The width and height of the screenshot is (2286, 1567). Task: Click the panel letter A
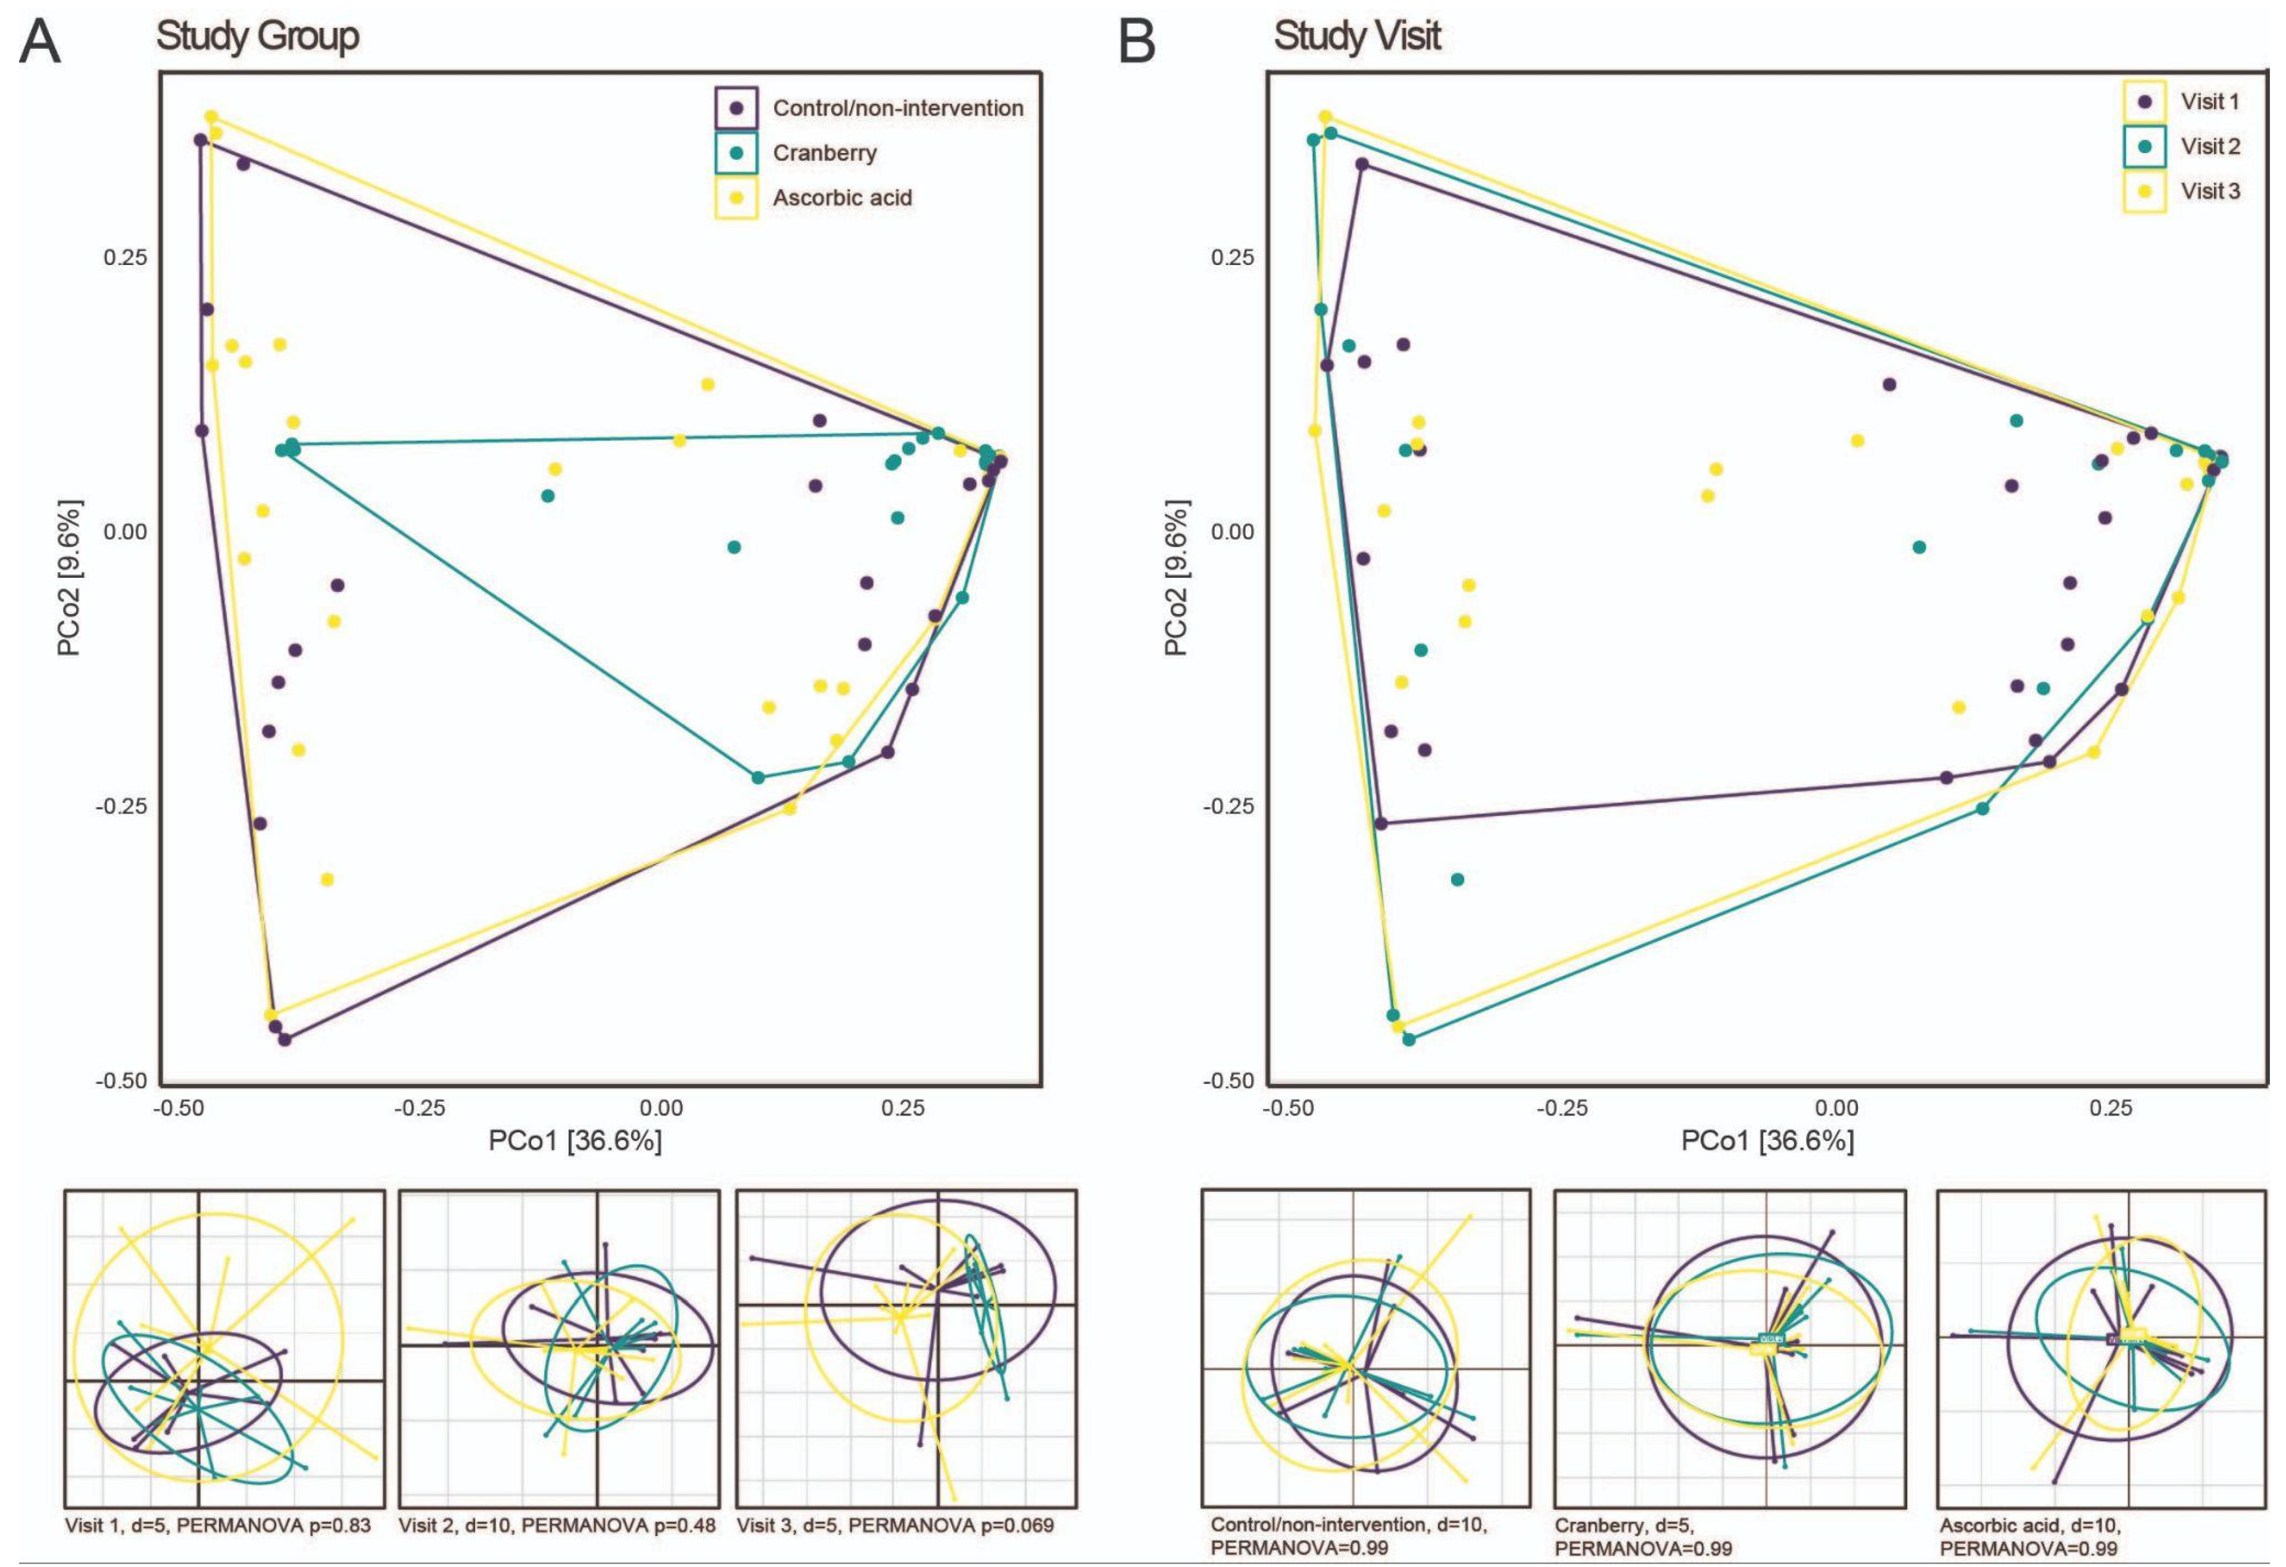[x=40, y=44]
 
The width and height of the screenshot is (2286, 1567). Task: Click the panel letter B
[x=1138, y=44]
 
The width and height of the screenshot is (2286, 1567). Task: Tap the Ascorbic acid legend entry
[x=842, y=198]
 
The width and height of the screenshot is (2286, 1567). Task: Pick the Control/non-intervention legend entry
[x=897, y=108]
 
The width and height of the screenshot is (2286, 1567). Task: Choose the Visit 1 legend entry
[x=2209, y=101]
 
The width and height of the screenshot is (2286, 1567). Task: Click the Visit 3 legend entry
[x=2209, y=191]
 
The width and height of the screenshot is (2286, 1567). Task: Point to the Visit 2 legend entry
[x=2209, y=147]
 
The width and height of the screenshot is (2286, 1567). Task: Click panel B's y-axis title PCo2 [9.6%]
[x=1177, y=577]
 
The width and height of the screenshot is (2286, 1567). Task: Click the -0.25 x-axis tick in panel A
[x=420, y=1108]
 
